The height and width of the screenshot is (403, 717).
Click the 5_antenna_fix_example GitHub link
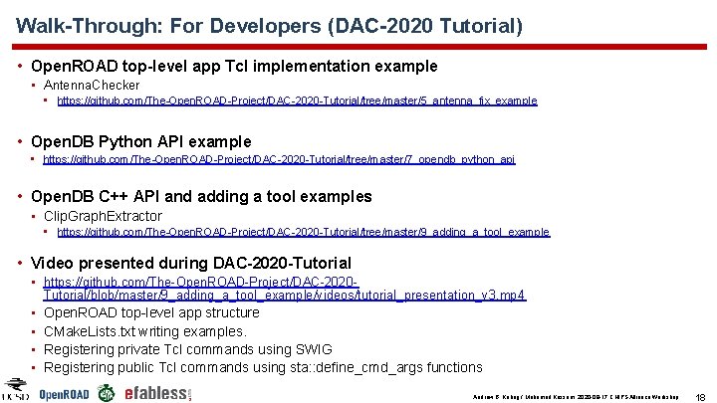(297, 101)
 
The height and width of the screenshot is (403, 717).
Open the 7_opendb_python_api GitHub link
(286, 159)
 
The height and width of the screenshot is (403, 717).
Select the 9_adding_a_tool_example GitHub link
(303, 232)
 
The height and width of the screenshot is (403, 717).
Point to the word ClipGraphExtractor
(103, 216)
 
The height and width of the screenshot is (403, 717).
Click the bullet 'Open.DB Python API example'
(140, 141)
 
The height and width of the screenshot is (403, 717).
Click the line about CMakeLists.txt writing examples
(145, 331)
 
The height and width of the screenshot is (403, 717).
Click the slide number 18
(700, 395)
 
